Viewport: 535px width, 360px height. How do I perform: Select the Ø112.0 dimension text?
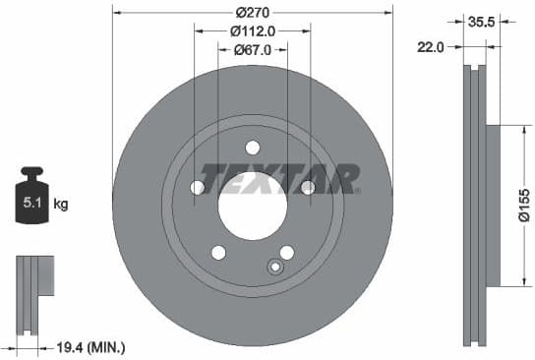click(252, 31)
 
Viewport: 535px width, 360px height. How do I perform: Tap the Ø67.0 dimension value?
click(252, 49)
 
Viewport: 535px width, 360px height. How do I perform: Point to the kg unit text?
click(61, 206)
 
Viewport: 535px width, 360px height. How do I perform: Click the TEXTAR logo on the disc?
click(279, 178)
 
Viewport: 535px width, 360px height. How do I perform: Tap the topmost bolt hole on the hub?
click(252, 149)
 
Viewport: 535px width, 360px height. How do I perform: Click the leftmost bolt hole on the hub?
click(197, 187)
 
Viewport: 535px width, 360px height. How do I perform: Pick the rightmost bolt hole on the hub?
click(307, 187)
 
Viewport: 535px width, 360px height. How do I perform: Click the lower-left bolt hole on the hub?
click(218, 252)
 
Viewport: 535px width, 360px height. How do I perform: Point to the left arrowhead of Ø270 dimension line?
click(118, 14)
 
